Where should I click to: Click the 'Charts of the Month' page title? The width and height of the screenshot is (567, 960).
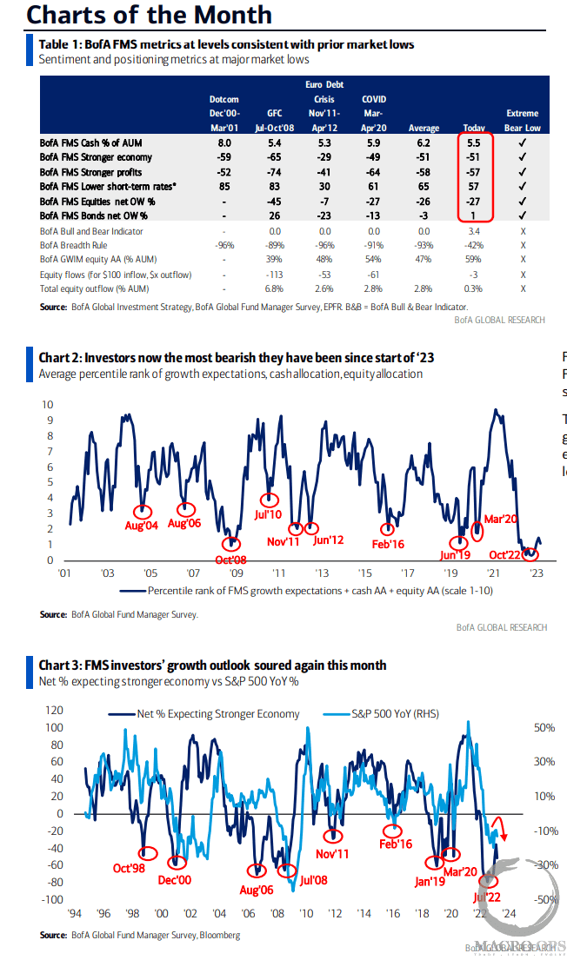[137, 15]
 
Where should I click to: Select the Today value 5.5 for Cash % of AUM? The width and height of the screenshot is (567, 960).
[474, 142]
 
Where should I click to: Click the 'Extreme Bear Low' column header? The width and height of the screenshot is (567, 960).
[522, 120]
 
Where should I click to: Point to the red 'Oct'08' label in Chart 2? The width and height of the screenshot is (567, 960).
[230, 559]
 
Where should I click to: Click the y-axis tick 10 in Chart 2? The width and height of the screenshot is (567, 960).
[49, 405]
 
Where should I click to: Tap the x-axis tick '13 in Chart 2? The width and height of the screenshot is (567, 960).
[321, 573]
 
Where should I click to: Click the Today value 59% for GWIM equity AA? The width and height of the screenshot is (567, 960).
[474, 260]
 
